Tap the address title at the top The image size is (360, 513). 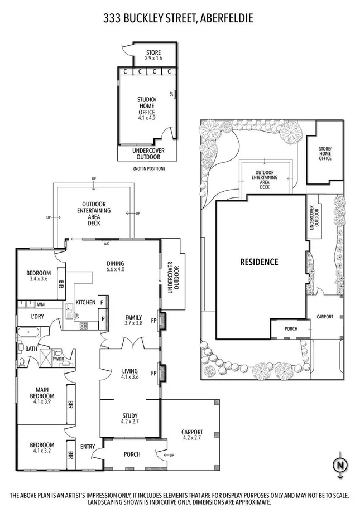[x=178, y=18]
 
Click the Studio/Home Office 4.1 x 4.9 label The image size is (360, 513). [x=147, y=108]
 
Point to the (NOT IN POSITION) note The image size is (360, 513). [x=147, y=168]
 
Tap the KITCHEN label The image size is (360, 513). [x=85, y=302]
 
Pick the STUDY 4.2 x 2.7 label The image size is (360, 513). [x=130, y=418]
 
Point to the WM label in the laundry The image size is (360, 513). [x=41, y=305]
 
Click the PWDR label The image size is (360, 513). [x=59, y=359]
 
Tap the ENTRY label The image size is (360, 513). [x=87, y=446]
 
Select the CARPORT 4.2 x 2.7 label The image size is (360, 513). [x=191, y=435]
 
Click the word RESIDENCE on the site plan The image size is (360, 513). [x=258, y=262]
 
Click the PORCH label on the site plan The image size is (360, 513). [x=290, y=329]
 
